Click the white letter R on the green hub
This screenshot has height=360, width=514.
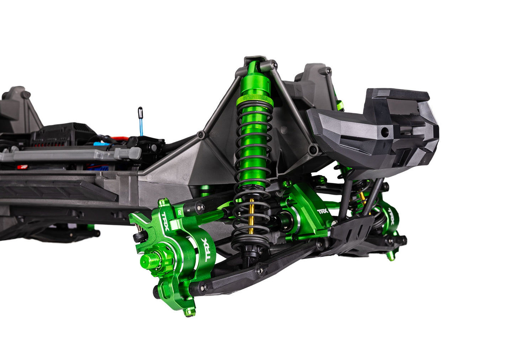(x=180, y=212)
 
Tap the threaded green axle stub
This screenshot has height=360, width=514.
(x=147, y=262)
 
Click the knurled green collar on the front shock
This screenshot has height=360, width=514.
(x=255, y=100)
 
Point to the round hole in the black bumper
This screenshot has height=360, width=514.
(x=385, y=132)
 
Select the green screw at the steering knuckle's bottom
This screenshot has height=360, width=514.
(x=189, y=312)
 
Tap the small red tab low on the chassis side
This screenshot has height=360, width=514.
(x=23, y=166)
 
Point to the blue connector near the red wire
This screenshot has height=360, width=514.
(x=101, y=144)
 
